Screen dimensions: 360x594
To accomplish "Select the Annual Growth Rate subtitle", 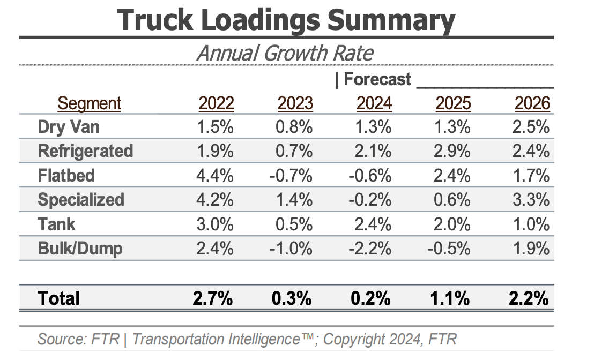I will (x=285, y=53).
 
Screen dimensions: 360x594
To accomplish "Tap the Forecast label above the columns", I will (x=376, y=79).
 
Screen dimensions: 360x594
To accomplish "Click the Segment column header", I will (x=90, y=103).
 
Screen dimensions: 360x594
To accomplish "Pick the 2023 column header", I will (x=295, y=103).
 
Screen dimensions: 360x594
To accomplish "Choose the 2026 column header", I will (x=532, y=103).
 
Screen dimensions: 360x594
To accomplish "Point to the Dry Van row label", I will (x=69, y=127).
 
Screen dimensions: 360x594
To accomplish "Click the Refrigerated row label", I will (x=85, y=151).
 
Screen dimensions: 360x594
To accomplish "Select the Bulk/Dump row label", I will (x=80, y=249).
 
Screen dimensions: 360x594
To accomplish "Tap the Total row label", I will (x=59, y=298).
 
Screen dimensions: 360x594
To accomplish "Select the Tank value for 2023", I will (x=295, y=224).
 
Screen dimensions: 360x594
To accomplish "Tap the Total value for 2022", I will (x=213, y=298).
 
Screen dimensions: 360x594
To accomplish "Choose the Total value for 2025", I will (x=450, y=298).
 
